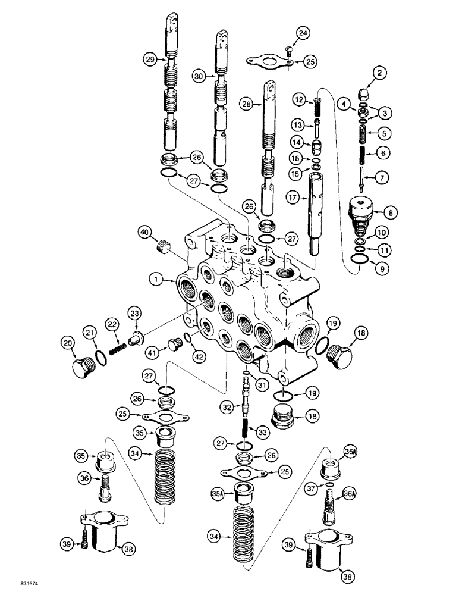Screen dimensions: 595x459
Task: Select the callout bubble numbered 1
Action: [155, 278]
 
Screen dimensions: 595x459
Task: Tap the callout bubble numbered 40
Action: [143, 231]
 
